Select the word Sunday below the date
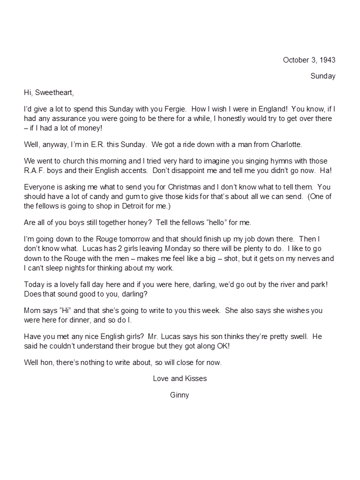coord(322,76)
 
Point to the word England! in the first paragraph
coord(268,108)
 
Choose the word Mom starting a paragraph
coord(32,310)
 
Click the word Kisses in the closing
coord(194,378)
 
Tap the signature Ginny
coord(179,395)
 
